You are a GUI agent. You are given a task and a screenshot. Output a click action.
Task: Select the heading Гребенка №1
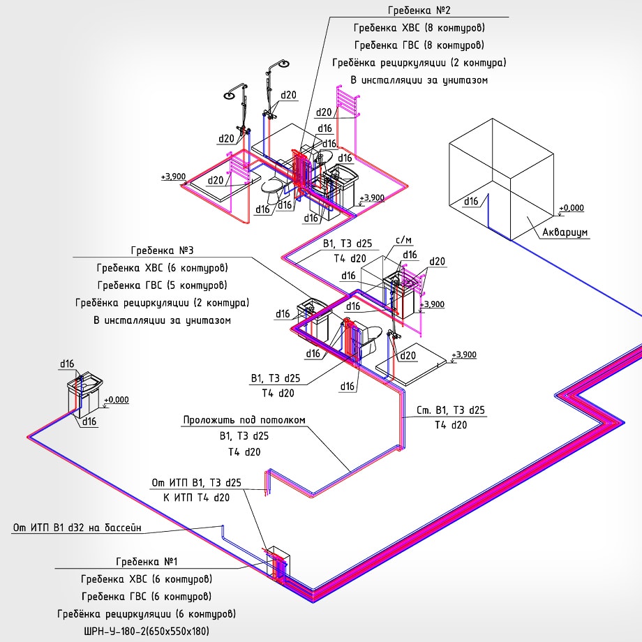click(x=147, y=561)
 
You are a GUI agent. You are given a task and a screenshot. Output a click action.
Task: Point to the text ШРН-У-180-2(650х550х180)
click(x=146, y=632)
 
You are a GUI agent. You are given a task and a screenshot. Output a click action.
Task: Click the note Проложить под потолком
click(x=244, y=420)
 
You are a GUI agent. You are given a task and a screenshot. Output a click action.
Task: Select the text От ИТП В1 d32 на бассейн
click(x=77, y=528)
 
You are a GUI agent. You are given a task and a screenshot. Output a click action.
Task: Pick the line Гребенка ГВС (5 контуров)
click(x=162, y=285)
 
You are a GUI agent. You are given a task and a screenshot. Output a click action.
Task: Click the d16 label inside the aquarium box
click(x=471, y=202)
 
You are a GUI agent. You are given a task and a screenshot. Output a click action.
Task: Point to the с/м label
click(x=403, y=241)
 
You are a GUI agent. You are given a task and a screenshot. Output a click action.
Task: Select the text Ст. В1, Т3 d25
click(x=450, y=410)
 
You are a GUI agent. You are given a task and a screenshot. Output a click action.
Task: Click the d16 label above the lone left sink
click(x=67, y=364)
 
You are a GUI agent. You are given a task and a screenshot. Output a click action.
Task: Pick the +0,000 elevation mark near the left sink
click(x=116, y=400)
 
